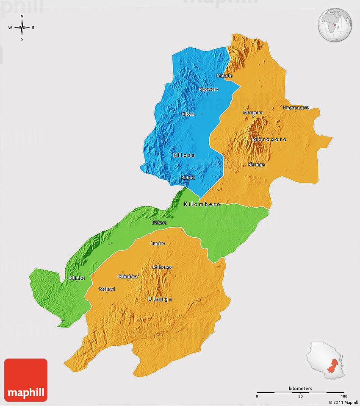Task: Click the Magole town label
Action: click(x=224, y=76)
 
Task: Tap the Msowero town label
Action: click(x=208, y=89)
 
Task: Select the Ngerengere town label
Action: click(x=296, y=108)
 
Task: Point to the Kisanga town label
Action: click(x=256, y=164)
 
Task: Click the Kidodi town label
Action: click(x=188, y=178)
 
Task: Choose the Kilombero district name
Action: click(x=202, y=204)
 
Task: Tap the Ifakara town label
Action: click(x=159, y=222)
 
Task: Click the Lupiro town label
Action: click(x=158, y=243)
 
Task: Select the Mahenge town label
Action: click(x=163, y=267)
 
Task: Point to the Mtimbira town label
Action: click(x=127, y=276)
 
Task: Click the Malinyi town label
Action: click(x=107, y=289)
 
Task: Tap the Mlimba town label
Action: click(x=77, y=278)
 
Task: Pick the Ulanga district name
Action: click(x=160, y=299)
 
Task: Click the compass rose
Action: click(x=22, y=28)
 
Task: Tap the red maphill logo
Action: click(x=26, y=380)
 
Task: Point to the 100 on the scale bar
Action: click(x=344, y=396)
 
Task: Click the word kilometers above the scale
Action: click(x=300, y=389)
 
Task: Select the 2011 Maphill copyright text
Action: click(x=343, y=402)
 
